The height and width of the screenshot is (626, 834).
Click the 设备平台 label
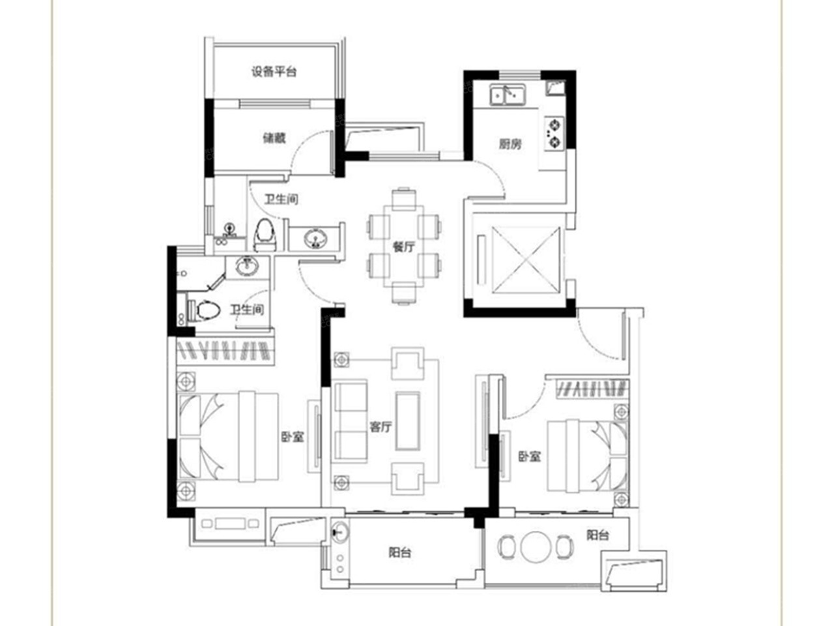274,72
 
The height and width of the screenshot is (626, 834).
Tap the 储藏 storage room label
274,138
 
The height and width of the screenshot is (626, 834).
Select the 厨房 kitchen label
510,144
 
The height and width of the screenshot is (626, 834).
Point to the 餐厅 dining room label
403,247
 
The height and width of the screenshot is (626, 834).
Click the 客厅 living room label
381,427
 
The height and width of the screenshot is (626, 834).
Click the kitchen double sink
507,95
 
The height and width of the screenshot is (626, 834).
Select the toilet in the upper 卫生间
265,234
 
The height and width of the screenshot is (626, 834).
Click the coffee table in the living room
408,421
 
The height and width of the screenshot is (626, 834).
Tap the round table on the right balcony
535,546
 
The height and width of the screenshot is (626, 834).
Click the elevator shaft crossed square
526,260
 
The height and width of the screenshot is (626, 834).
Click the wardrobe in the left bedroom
225,351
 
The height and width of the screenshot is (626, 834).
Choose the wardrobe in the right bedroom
592,389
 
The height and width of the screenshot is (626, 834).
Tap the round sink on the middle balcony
340,531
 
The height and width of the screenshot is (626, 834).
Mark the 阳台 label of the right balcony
597,535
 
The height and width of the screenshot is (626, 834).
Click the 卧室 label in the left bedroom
293,437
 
